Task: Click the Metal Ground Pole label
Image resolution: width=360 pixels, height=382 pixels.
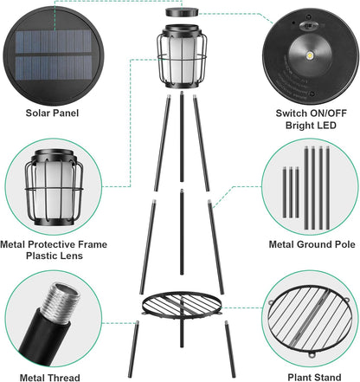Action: pyautogui.click(x=311, y=246)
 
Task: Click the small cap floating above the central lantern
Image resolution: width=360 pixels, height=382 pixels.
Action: pyautogui.click(x=180, y=14)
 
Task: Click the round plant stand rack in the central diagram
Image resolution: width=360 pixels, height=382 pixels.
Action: pyautogui.click(x=180, y=304)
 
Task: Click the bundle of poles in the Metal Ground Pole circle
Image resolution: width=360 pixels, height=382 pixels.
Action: pyautogui.click(x=309, y=185)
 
